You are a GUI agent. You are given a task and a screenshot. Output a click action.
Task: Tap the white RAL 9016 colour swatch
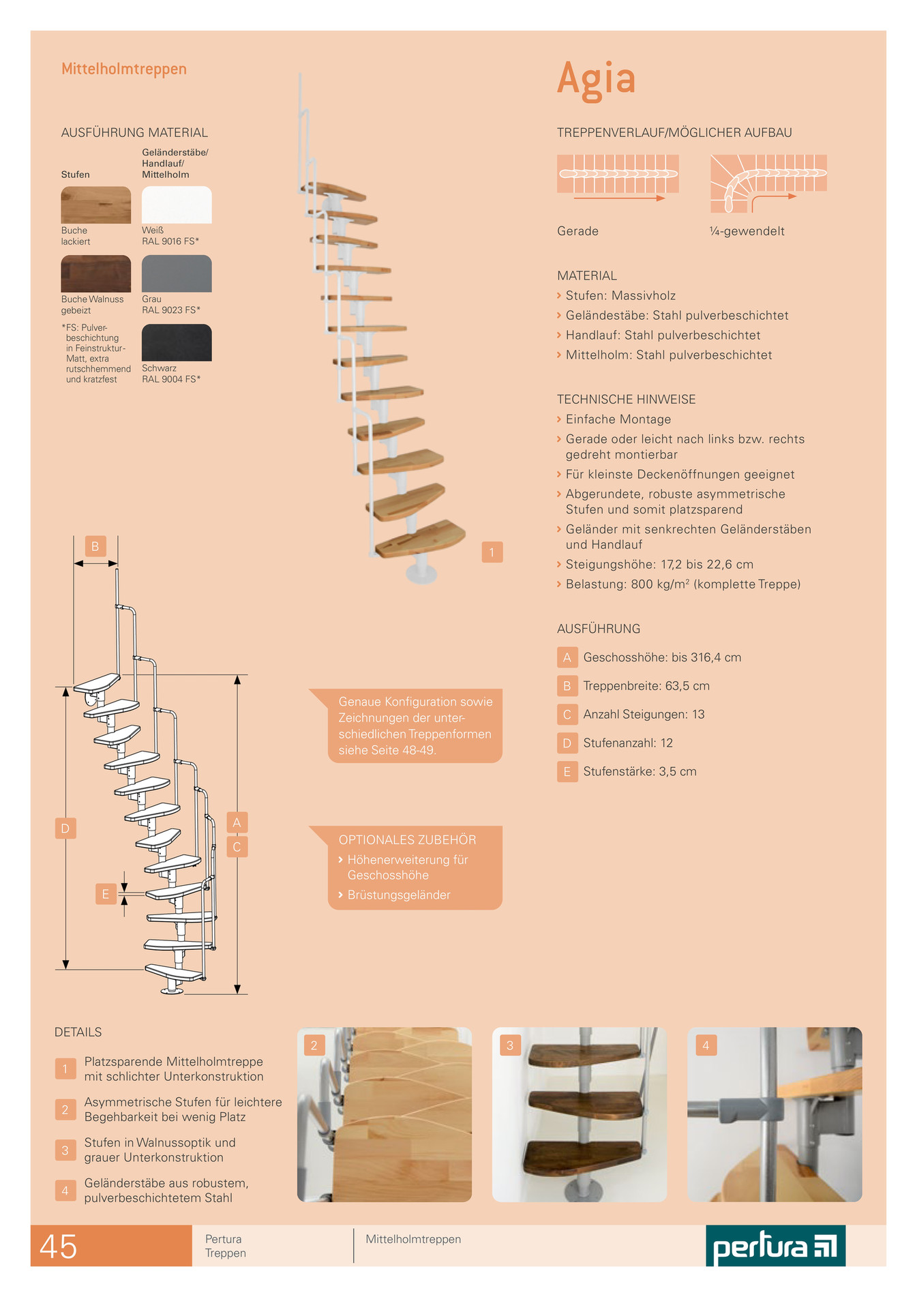coord(177,205)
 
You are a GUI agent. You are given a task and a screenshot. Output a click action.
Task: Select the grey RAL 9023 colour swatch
coord(177,273)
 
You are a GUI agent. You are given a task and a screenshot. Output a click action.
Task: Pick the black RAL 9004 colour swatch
coord(177,342)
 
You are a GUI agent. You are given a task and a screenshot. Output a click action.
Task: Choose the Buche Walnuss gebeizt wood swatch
coord(96,273)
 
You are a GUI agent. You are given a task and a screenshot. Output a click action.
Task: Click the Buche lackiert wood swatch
coord(96,205)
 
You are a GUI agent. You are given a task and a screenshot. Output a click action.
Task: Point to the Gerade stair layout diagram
coord(618,177)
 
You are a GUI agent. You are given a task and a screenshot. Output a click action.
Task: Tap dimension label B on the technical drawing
coord(95,546)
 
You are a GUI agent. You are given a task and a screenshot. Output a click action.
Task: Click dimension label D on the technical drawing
coord(65,829)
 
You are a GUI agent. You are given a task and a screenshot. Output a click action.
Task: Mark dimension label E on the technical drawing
coord(106,894)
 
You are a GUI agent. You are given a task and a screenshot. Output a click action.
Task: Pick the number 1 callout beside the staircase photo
coord(492,552)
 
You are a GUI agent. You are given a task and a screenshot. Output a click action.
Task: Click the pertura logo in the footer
coord(776,1246)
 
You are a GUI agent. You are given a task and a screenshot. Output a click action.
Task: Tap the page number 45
coord(59,1247)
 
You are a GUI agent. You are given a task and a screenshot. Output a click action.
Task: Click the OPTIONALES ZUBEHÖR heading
coord(408,840)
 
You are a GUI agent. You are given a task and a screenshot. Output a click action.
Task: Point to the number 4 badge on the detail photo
coord(706,1045)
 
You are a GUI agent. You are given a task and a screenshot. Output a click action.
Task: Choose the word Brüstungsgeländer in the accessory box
coord(399,895)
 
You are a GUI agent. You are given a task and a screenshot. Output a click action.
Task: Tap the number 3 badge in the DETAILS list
coord(65,1150)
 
